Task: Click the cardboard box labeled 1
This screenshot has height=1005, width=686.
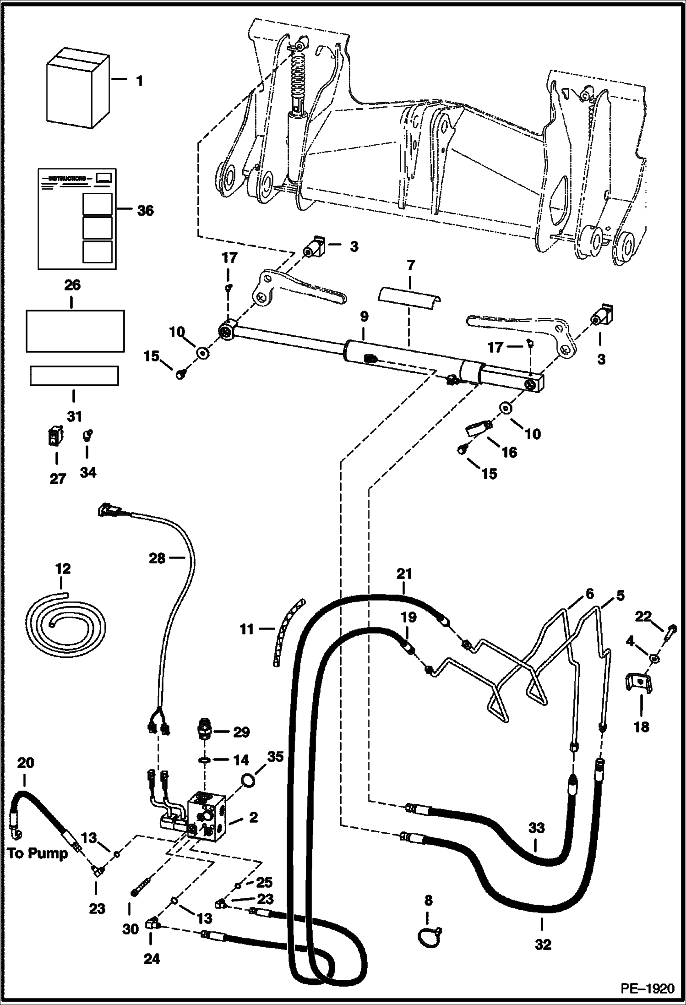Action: tap(78, 89)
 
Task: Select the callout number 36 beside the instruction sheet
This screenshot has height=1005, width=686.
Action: tap(145, 211)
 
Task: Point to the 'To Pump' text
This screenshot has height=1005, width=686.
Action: tap(38, 853)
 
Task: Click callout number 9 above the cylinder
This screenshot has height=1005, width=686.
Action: tap(364, 317)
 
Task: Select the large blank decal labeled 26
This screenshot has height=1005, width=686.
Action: tap(75, 330)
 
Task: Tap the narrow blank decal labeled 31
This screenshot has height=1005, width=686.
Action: tap(74, 375)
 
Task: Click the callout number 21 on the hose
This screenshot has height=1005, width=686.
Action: tap(404, 574)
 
